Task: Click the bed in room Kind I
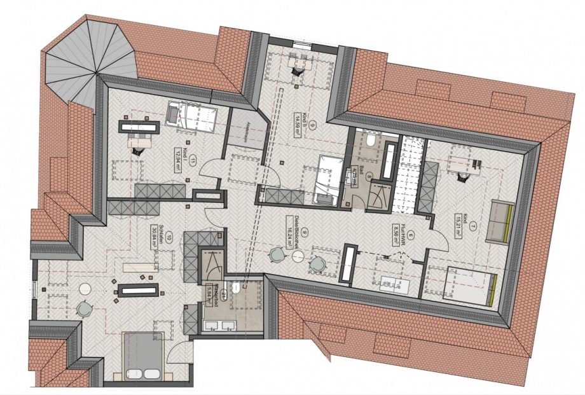(x=192, y=117)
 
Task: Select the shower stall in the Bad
(x=380, y=193)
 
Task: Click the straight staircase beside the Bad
(x=404, y=176)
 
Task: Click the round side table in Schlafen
(x=85, y=289)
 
